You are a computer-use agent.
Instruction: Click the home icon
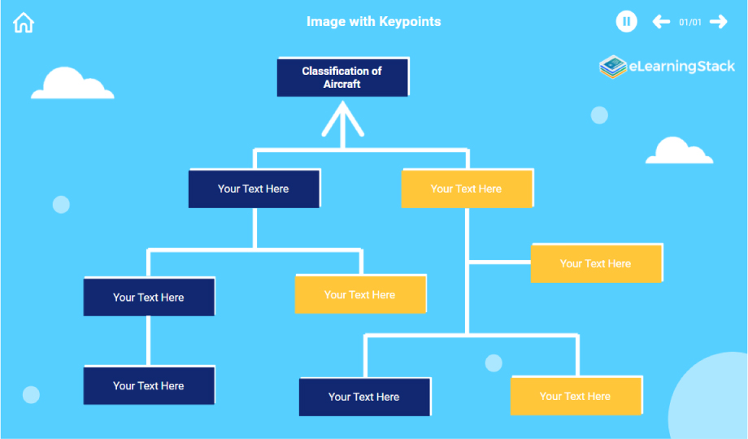click(24, 23)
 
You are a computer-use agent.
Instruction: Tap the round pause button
click(626, 22)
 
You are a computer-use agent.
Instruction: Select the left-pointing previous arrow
click(661, 22)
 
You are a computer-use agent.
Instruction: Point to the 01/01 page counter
click(689, 23)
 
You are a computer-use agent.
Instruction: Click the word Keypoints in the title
click(410, 21)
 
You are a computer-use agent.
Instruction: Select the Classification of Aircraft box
click(342, 77)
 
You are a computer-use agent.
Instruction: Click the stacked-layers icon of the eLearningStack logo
click(612, 67)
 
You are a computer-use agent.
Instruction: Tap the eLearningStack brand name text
click(681, 67)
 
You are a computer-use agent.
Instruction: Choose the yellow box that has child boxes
click(467, 189)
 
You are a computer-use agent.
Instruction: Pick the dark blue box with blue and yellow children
click(254, 189)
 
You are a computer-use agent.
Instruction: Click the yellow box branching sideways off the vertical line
click(596, 263)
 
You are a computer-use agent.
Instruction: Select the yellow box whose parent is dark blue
click(360, 294)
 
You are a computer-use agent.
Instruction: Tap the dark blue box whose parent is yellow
click(364, 397)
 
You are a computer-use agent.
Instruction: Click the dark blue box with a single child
click(149, 298)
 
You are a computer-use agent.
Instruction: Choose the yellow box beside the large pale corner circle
click(576, 397)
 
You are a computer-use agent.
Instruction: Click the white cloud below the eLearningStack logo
click(678, 151)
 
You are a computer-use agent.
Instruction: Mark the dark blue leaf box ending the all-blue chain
click(149, 385)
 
